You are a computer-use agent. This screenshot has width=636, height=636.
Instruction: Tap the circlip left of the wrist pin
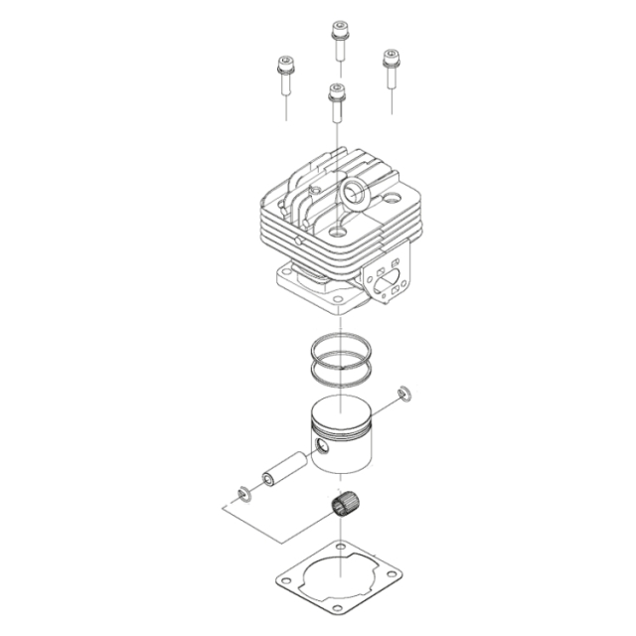(x=242, y=491)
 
